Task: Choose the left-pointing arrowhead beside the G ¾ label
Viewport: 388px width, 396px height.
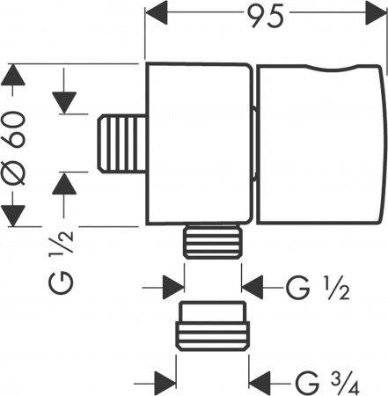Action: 264,384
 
